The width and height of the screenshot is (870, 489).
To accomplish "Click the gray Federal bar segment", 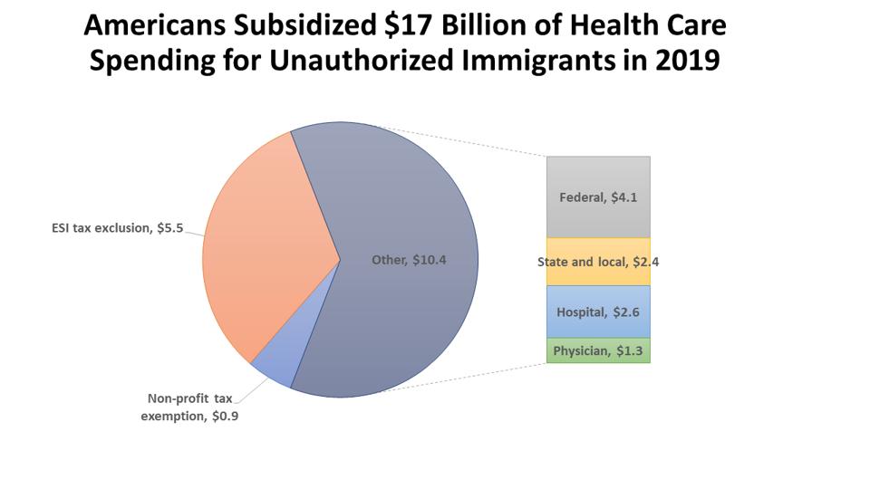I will (598, 197).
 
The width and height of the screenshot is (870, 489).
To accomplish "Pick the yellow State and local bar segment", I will (598, 262).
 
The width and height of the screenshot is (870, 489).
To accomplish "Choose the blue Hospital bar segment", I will (598, 312).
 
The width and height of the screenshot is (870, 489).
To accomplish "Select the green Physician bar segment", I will (598, 350).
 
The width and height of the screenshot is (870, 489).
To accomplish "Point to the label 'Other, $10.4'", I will (409, 260).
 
